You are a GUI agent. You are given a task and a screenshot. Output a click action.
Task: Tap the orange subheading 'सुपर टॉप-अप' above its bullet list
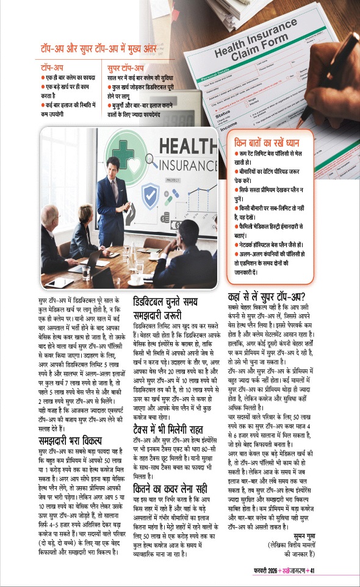click(125, 67)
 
